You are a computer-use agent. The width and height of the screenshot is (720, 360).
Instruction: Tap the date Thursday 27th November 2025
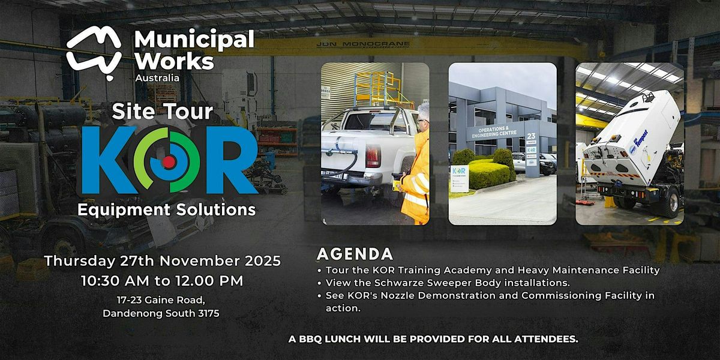162,262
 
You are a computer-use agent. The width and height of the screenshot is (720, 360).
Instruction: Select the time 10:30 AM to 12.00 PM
162,280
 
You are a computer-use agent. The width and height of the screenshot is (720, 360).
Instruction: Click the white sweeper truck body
636,132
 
